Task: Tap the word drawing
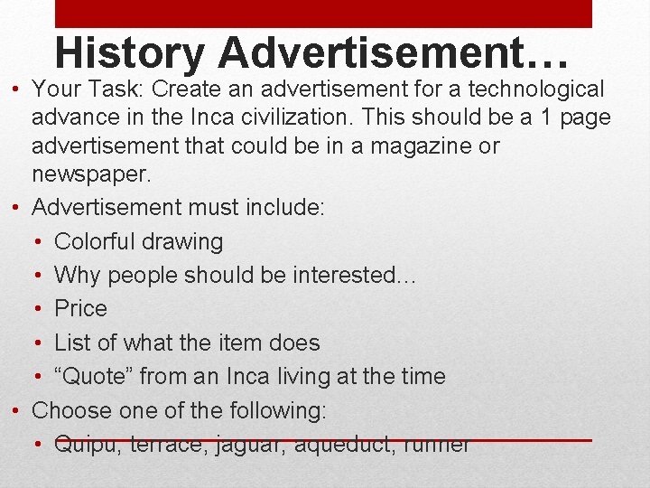(189, 241)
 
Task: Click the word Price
(80, 308)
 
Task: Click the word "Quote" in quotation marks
(93, 376)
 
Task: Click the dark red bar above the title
(323, 13)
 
